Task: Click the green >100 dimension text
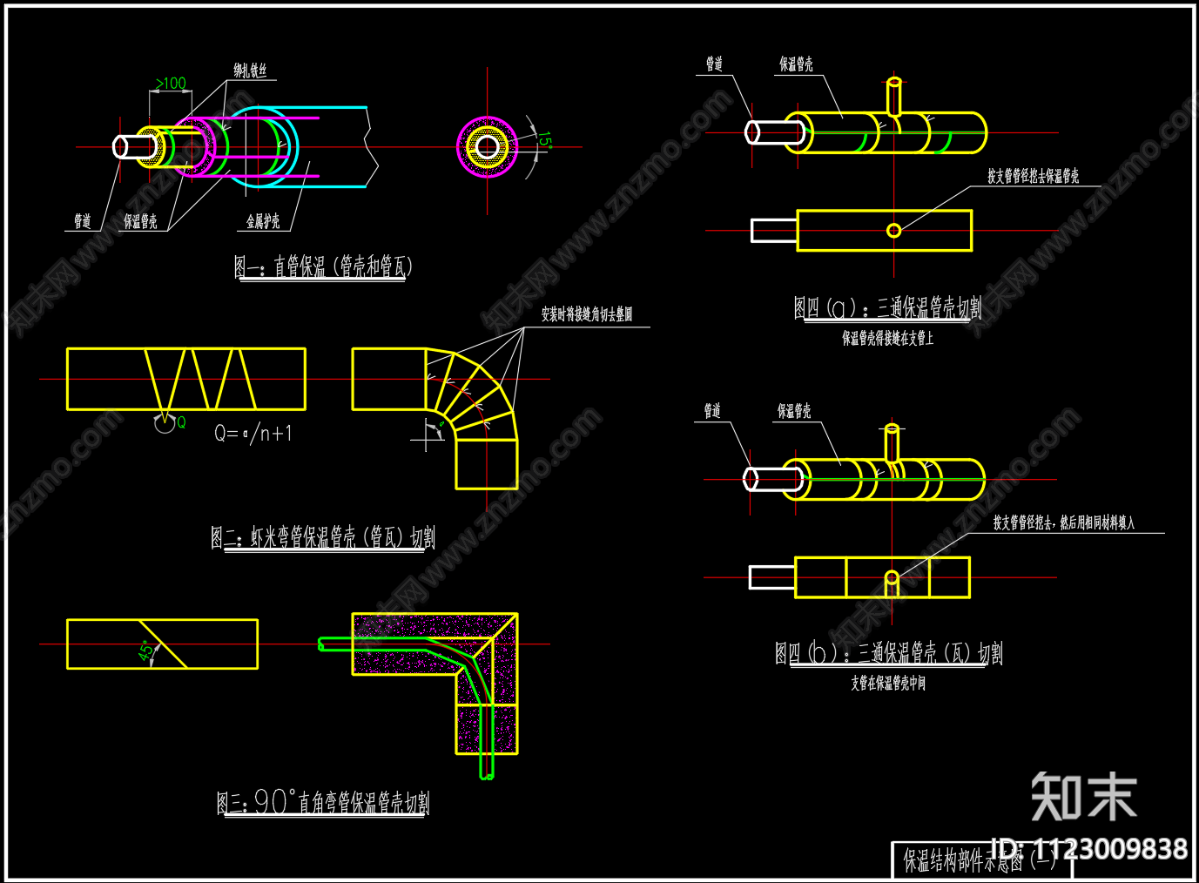[x=171, y=83]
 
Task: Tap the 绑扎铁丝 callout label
[x=250, y=71]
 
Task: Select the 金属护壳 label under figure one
[x=263, y=222]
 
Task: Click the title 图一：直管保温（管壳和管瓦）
[x=322, y=266]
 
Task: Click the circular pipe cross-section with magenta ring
[x=488, y=146]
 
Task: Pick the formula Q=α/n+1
[x=253, y=433]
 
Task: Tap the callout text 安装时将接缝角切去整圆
[x=587, y=314]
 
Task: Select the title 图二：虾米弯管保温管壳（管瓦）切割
[x=323, y=537]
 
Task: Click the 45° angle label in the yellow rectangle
[x=147, y=650]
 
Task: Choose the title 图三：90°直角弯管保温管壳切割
[x=323, y=802]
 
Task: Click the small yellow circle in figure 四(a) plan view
[x=893, y=230]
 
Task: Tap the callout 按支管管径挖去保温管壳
[x=1033, y=177]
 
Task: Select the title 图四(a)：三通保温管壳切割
[x=887, y=308]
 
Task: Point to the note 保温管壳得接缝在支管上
[x=887, y=338]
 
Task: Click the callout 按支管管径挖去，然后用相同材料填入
[x=1064, y=522]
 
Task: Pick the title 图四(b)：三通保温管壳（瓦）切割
[x=889, y=653]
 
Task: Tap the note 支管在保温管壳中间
[x=888, y=684]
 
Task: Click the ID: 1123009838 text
[x=1089, y=849]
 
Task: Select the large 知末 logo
[x=1084, y=796]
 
